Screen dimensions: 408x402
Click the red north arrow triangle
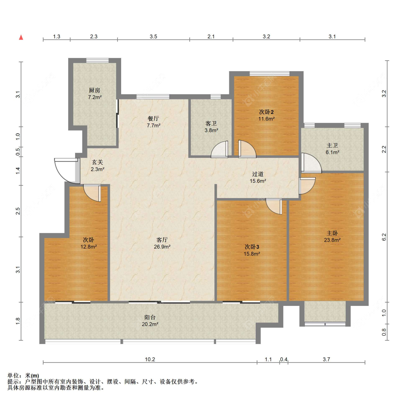tap(21, 37)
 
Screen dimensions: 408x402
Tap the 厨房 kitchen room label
tap(94, 90)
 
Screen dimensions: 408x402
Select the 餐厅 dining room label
tap(153, 119)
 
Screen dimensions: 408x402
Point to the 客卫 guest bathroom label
tap(211, 123)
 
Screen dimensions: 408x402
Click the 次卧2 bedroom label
tap(266, 112)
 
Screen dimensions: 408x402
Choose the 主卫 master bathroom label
tap(332, 145)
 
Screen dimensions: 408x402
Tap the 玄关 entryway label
tap(97, 162)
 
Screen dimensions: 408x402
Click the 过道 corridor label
tap(257, 174)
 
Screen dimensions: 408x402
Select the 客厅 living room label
tap(162, 240)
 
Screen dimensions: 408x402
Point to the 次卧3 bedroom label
tap(252, 247)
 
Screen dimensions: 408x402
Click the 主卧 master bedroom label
tap(332, 233)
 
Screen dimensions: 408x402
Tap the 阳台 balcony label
tap(150, 317)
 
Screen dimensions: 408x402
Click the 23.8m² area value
tap(332, 240)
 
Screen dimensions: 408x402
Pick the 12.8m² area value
tap(88, 247)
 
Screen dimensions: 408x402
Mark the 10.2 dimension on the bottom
tap(150, 359)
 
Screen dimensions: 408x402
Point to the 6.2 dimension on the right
tap(384, 237)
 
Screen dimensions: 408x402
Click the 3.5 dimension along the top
tap(153, 36)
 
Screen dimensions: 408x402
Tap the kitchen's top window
tap(98, 60)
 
